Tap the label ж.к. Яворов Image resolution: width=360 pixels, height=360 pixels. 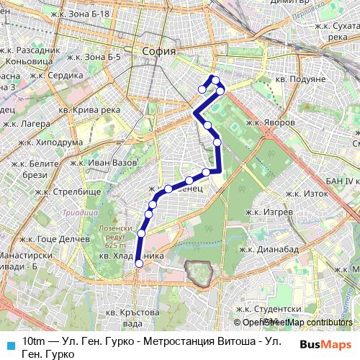(270, 122)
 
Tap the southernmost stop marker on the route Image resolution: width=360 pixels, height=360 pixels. (139, 264)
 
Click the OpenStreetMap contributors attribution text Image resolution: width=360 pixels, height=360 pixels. (297, 323)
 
